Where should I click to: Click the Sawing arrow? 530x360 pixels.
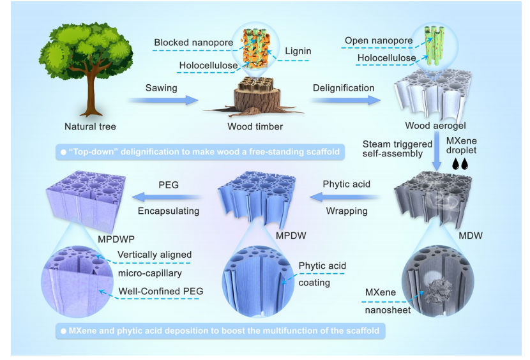coord(163,100)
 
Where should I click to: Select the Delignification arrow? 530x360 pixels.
coord(345,100)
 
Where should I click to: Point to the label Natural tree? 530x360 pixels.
coord(90,127)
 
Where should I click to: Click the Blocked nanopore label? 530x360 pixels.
coord(193,43)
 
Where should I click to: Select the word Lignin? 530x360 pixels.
coord(298,51)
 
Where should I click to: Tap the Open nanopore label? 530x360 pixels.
coord(379,41)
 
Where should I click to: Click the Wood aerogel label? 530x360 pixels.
coord(435,126)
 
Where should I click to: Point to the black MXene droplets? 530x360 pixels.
coord(460,164)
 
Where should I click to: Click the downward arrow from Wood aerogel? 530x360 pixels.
coord(437,151)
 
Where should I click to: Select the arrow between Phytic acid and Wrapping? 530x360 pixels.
coord(345,197)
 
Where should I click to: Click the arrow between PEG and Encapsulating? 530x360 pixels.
coord(167,197)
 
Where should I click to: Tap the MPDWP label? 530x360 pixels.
coord(116,239)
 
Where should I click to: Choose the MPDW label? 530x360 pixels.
coord(291,236)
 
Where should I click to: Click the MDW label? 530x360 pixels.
coord(470,236)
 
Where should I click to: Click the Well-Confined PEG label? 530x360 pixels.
coord(161,291)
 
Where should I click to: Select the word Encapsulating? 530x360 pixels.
coord(169,211)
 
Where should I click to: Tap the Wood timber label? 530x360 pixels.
coord(255,127)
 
